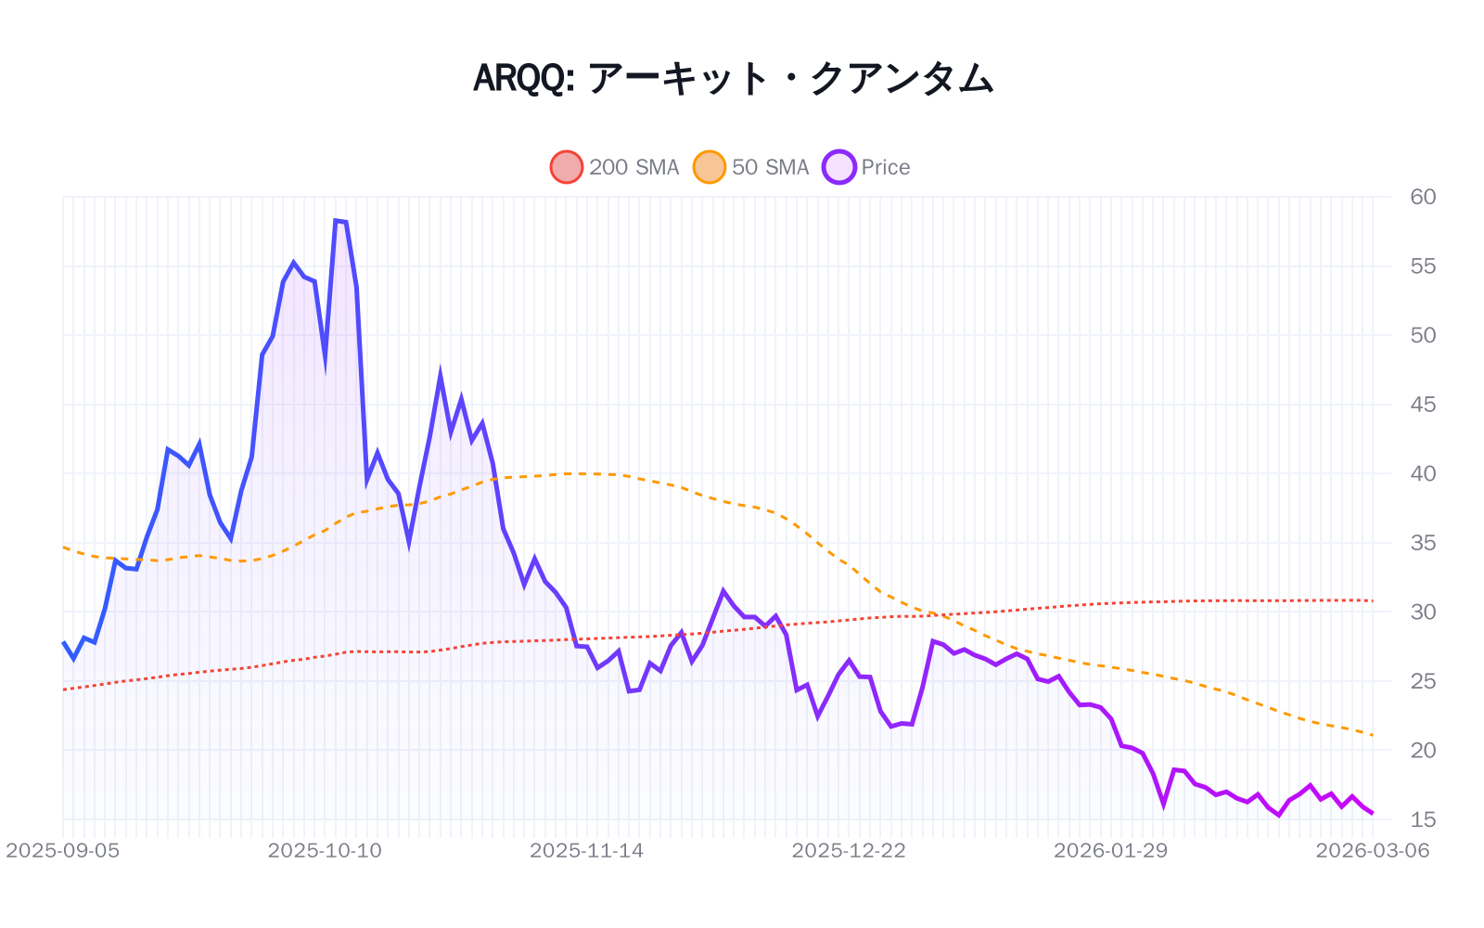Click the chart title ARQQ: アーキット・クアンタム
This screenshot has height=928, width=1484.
[733, 78]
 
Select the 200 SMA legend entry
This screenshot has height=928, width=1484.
[615, 167]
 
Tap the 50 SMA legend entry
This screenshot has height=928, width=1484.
[751, 167]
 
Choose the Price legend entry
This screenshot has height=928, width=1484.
[866, 167]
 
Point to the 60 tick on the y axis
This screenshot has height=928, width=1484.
[1422, 197]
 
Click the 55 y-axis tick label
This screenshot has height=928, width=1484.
[1422, 266]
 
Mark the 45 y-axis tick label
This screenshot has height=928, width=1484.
[1422, 405]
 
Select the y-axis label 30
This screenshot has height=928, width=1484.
[1422, 612]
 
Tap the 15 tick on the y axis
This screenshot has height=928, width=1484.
[1422, 819]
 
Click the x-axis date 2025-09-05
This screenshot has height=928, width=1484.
[63, 850]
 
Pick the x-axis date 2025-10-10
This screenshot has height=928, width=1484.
[325, 850]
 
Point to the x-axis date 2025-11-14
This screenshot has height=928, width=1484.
[586, 850]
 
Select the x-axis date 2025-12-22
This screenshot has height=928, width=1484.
[849, 850]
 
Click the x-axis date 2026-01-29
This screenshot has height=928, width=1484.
[1110, 850]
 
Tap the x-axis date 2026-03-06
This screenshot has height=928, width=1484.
[1372, 850]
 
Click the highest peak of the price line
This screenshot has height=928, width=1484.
[336, 220]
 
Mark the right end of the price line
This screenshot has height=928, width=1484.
[1373, 813]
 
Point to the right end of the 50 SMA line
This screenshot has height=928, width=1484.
[1373, 735]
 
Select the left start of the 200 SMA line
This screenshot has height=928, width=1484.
[63, 690]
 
